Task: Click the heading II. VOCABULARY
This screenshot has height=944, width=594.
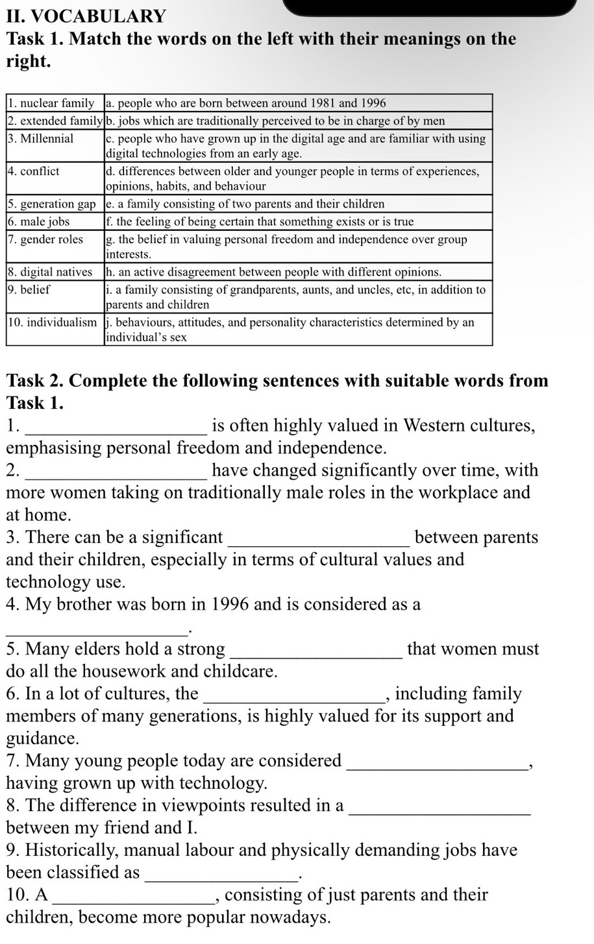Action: (x=86, y=16)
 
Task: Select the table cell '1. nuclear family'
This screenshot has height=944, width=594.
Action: (x=55, y=103)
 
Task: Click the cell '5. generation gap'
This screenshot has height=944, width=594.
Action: (x=55, y=204)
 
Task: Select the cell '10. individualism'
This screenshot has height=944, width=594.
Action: (x=55, y=322)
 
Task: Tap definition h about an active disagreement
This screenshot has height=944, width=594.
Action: (x=273, y=272)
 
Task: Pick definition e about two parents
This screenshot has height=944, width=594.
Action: (x=245, y=204)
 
